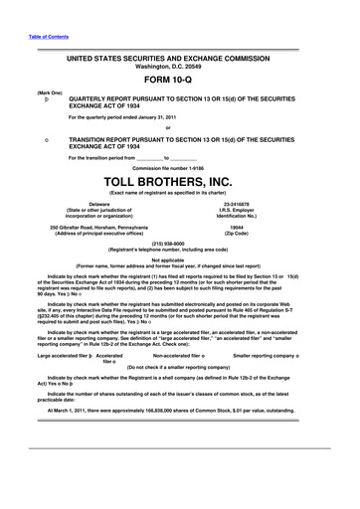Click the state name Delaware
[x=98, y=204]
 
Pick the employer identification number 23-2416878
[x=264, y=204]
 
